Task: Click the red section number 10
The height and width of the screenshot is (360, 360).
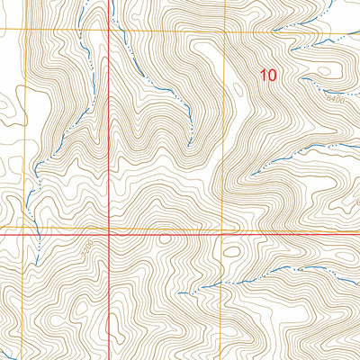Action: [267, 76]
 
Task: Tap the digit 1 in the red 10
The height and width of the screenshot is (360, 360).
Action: [263, 76]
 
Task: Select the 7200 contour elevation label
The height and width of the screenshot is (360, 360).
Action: [88, 245]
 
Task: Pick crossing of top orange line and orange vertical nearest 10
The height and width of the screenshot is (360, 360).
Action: [220, 34]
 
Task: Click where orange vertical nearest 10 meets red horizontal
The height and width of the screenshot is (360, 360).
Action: [220, 231]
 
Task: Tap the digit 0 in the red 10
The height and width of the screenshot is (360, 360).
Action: [272, 76]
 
